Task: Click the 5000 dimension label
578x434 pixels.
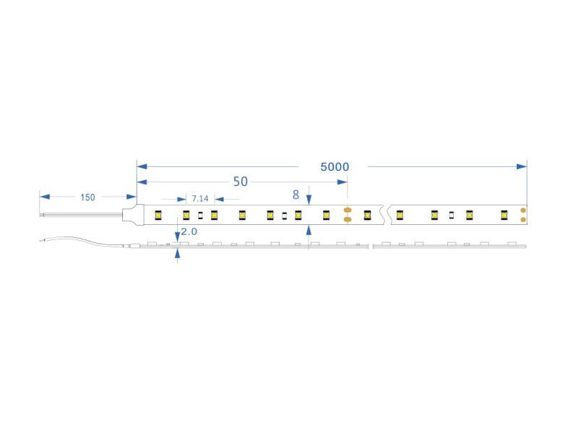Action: [x=335, y=167]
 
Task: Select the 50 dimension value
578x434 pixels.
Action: [x=241, y=182]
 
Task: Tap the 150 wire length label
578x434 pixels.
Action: [x=87, y=197]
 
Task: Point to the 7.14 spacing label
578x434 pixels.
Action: [x=200, y=199]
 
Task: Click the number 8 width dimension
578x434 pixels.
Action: [x=296, y=195]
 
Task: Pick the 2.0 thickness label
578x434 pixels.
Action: [x=189, y=231]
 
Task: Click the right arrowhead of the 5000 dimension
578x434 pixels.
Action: [x=522, y=166]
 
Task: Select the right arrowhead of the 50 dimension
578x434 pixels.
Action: [x=342, y=182]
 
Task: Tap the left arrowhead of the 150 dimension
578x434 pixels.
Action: [x=45, y=197]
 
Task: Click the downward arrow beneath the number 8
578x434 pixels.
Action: [x=309, y=200]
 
